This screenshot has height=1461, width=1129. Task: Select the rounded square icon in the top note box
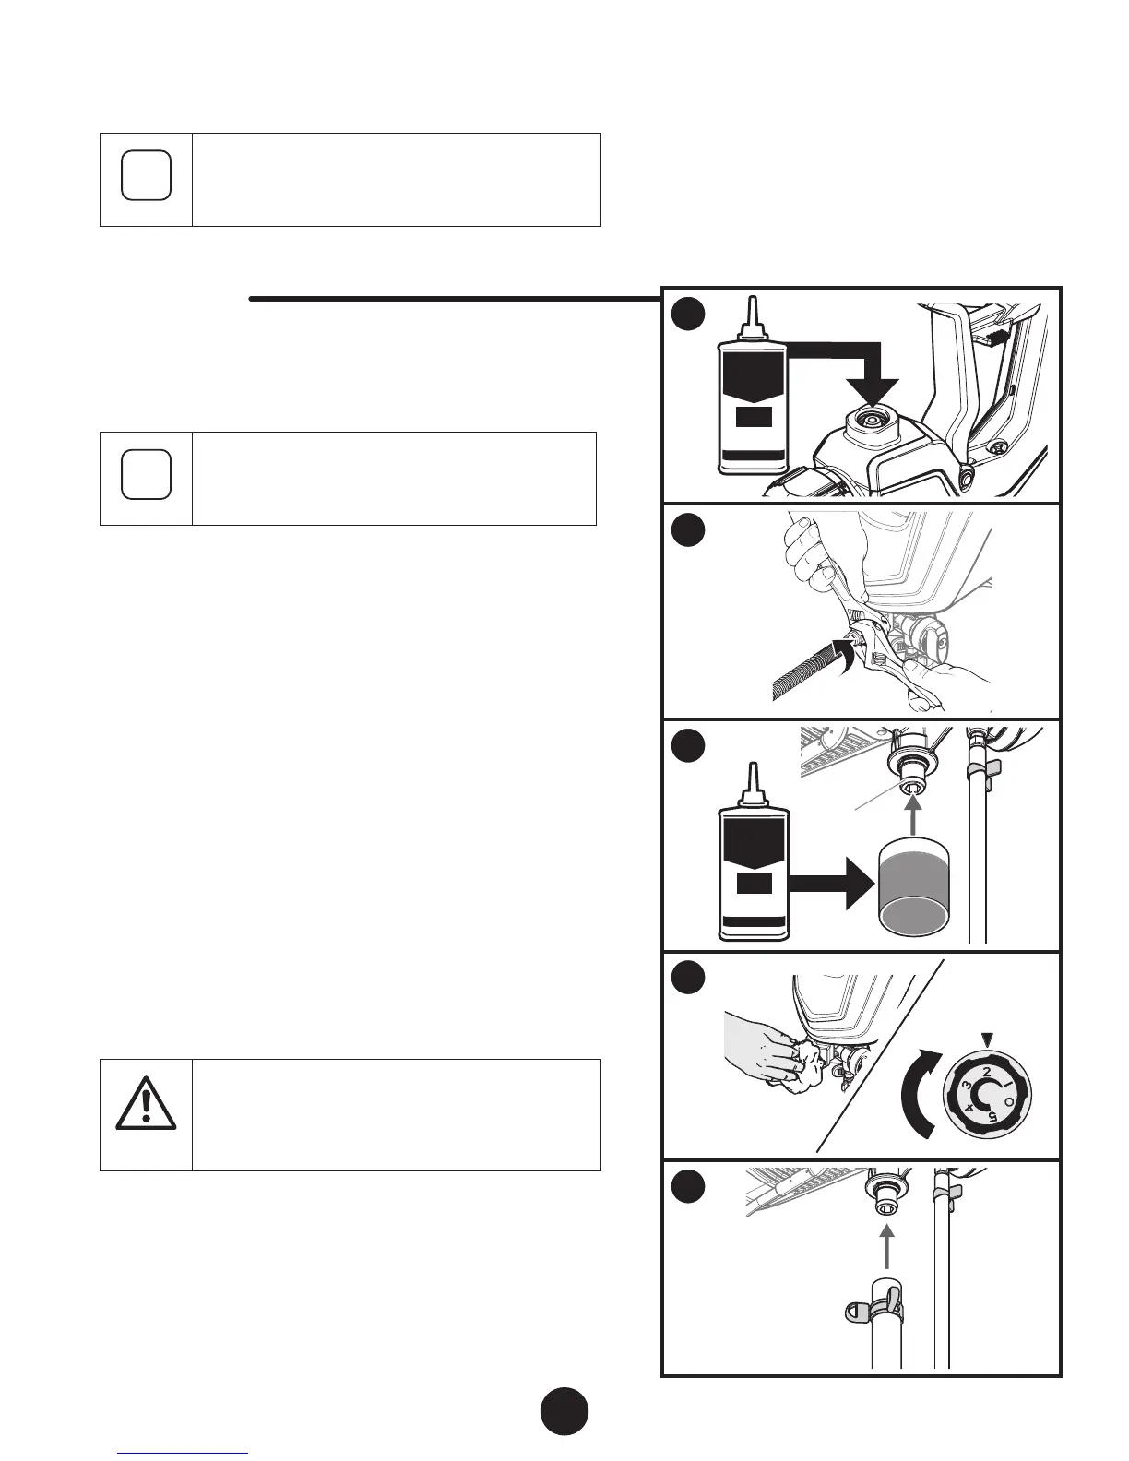pos(146,174)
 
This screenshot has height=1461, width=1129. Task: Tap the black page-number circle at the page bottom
pos(564,1410)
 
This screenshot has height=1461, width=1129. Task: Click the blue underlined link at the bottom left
pos(184,1454)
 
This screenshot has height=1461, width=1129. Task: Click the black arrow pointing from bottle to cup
pos(830,890)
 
